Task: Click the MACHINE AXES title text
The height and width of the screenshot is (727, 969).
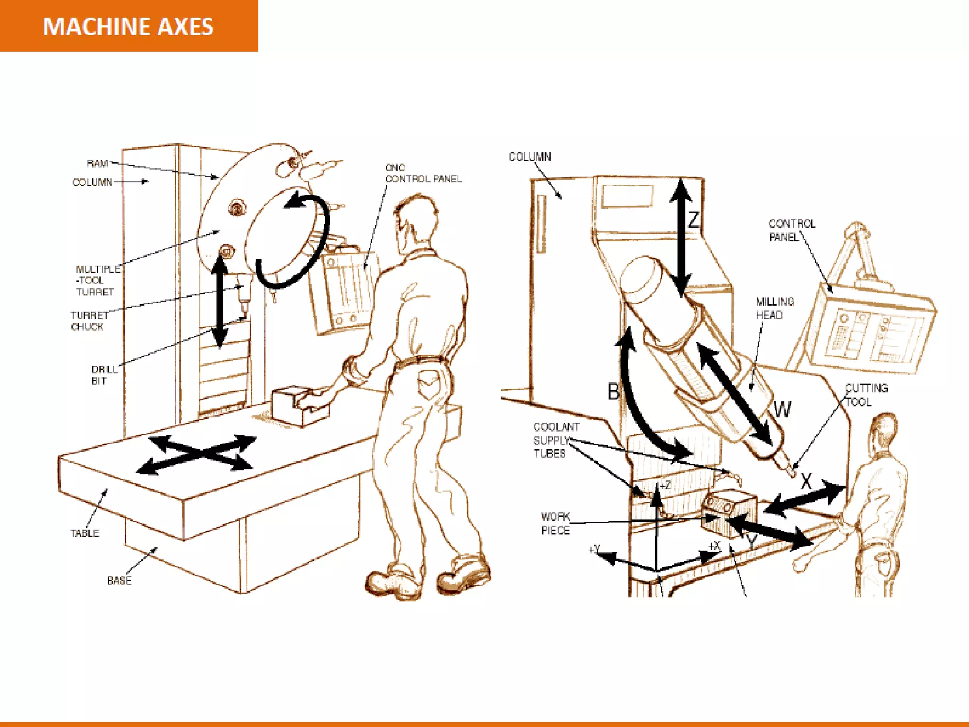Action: click(x=128, y=27)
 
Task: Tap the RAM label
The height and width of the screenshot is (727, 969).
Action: click(x=97, y=163)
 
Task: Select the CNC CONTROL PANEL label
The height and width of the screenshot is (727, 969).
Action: click(x=423, y=173)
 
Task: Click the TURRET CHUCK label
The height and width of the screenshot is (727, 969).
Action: click(x=88, y=321)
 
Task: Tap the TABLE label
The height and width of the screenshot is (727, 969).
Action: click(x=85, y=533)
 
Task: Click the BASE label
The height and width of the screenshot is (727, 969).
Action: click(x=119, y=580)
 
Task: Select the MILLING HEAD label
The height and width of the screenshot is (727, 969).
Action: click(x=775, y=308)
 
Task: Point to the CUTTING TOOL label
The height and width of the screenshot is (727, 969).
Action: click(x=865, y=395)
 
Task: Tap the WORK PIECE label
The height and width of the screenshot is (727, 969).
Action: click(x=555, y=523)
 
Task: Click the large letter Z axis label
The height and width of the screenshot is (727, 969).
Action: click(x=694, y=220)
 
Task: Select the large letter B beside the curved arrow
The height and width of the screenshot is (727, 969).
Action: click(x=613, y=392)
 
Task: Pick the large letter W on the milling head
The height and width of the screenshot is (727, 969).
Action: click(x=782, y=409)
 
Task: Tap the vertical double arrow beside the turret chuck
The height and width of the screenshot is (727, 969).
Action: click(x=219, y=301)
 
